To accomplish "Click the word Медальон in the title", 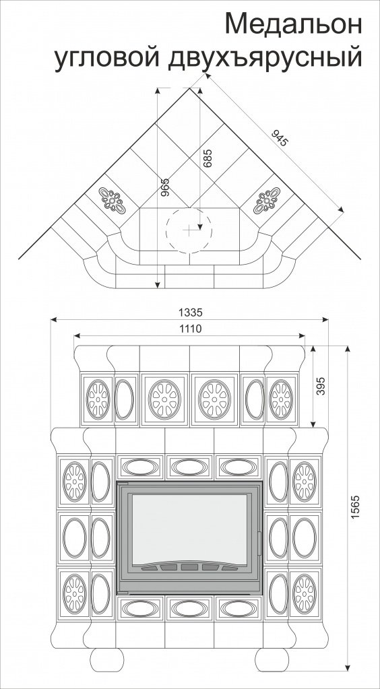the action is point(294,24).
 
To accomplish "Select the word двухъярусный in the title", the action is point(265,58).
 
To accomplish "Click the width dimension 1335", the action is point(190,313).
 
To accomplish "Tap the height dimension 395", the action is point(321,386).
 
